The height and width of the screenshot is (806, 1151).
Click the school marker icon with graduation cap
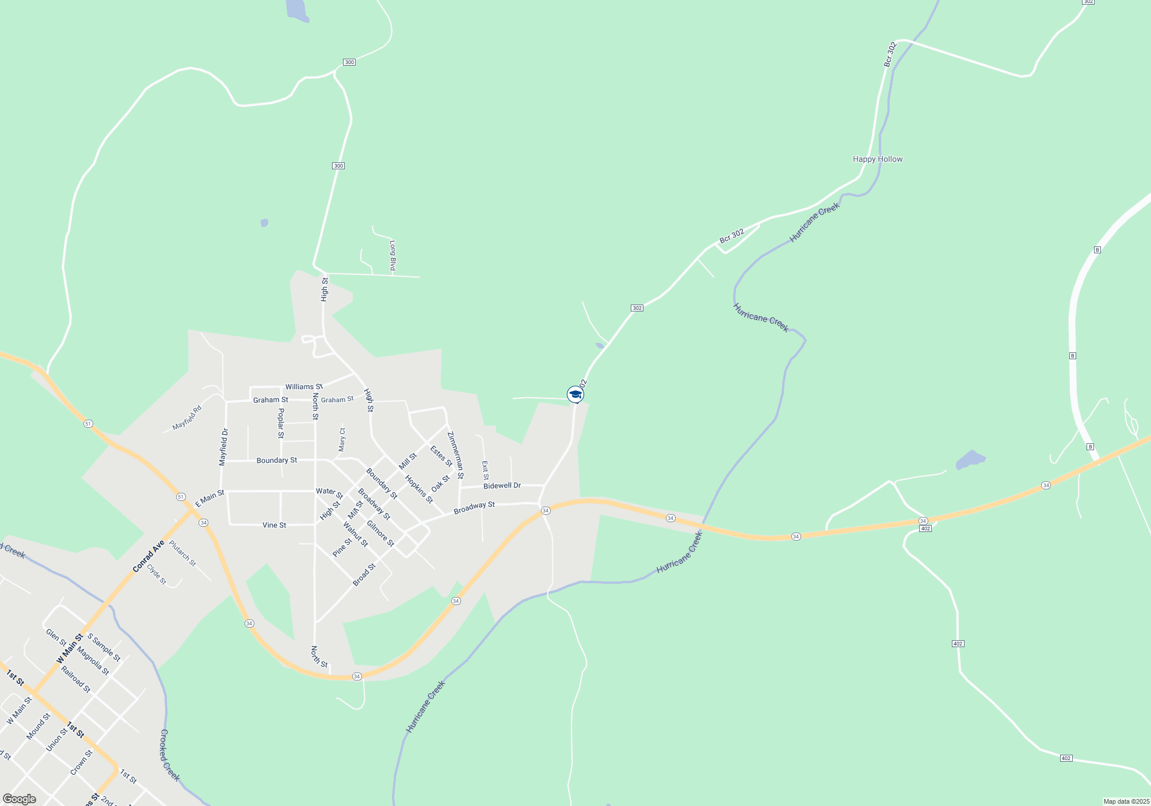(575, 394)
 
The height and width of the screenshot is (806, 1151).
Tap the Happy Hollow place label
(878, 159)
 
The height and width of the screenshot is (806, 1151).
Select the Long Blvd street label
(392, 256)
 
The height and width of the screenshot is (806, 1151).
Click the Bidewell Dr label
(502, 486)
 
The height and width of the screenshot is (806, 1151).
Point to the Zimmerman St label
(455, 455)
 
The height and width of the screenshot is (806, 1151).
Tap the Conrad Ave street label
(148, 556)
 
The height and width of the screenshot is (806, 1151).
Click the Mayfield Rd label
(187, 418)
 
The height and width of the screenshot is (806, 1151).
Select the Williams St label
(304, 387)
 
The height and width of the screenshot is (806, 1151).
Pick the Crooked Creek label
(170, 755)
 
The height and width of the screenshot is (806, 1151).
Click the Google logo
(20, 799)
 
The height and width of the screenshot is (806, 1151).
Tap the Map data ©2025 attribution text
(1126, 801)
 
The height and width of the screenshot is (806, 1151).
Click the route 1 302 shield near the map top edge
(1088, 2)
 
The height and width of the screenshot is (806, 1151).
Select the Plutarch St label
(182, 553)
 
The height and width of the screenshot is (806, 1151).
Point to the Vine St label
(274, 525)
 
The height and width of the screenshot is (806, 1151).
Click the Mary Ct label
(342, 439)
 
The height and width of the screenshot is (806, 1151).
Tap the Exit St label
(485, 470)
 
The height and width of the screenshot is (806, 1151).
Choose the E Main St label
(209, 499)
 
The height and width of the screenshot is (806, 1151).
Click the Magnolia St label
(93, 661)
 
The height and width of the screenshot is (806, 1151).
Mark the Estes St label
(441, 456)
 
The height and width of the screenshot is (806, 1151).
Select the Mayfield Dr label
(224, 447)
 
